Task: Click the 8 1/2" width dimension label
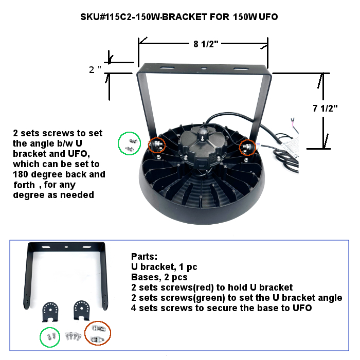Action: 206,44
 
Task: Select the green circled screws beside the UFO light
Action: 130,143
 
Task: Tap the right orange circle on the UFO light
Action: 247,148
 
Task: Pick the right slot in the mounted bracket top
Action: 239,68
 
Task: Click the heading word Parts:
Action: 145,256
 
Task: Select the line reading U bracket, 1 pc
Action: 164,267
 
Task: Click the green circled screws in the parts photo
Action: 51,337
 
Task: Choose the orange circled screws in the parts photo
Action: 96,333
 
